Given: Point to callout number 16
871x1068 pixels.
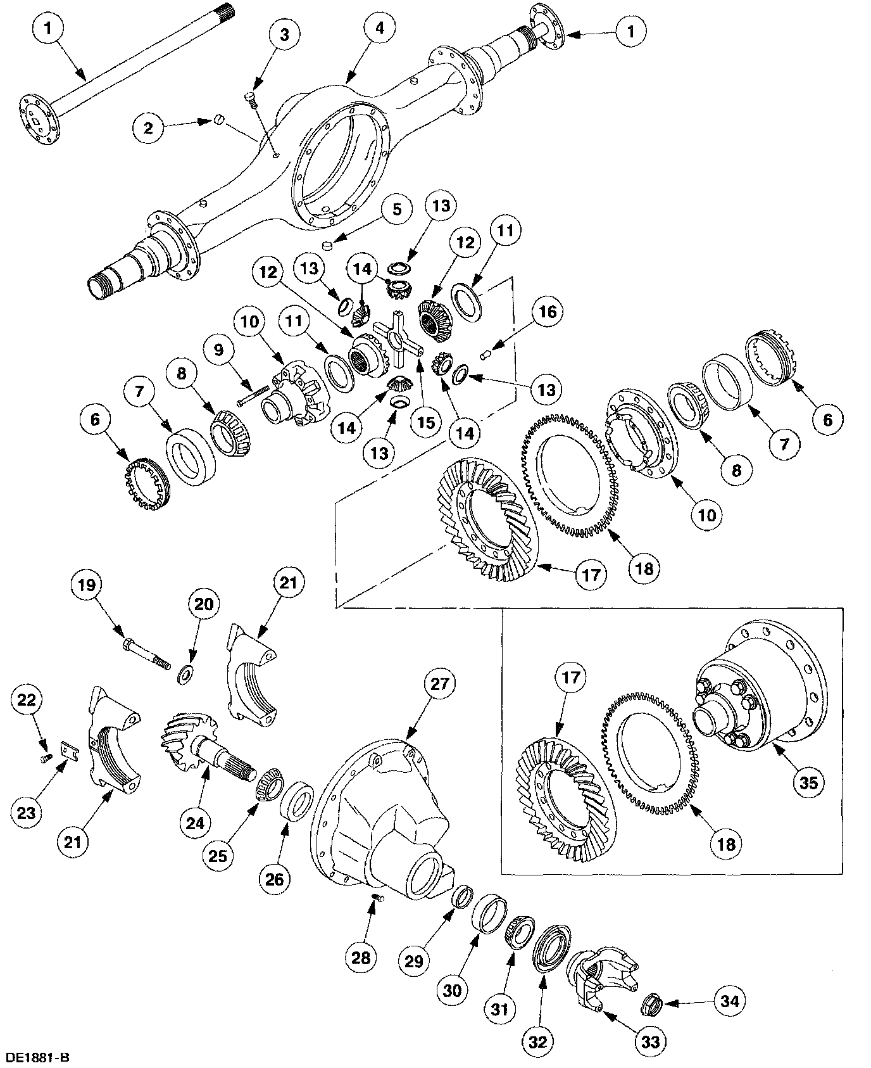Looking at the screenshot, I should click(x=548, y=311).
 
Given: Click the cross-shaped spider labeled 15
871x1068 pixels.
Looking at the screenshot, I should click(x=398, y=343).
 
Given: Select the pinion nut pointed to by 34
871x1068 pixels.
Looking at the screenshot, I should click(x=651, y=1003).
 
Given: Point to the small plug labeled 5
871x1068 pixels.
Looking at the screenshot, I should click(x=327, y=245).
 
